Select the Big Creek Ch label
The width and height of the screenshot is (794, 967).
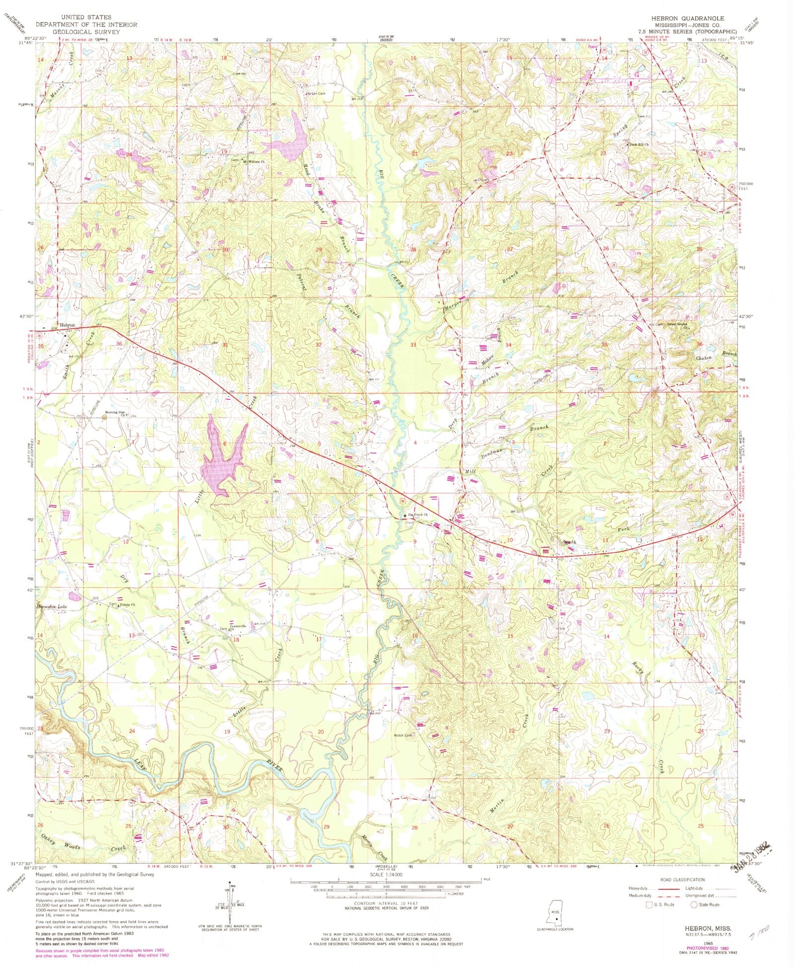coord(418,515)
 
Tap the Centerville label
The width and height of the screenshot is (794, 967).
coord(237,626)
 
